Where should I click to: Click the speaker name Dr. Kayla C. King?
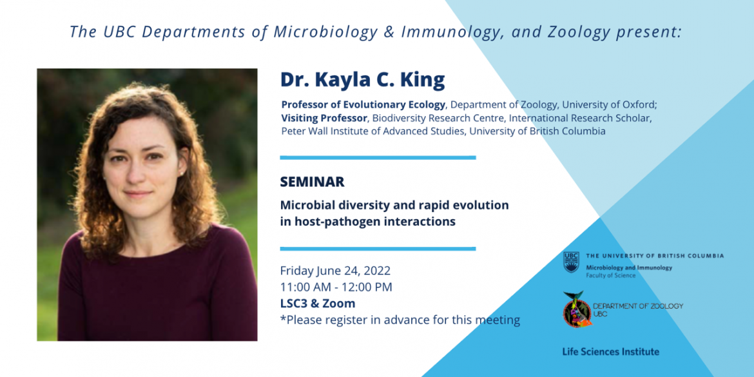click(x=363, y=81)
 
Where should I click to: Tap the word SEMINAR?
click(x=312, y=182)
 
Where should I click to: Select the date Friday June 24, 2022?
click(x=335, y=271)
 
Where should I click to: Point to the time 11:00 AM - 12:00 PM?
click(x=336, y=287)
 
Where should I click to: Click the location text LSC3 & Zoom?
click(x=318, y=304)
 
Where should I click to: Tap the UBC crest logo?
click(x=571, y=262)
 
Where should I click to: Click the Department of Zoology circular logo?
click(x=576, y=310)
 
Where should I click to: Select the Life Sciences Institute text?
click(x=611, y=351)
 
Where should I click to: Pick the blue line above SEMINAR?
click(x=378, y=157)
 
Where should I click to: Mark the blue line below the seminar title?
click(x=378, y=249)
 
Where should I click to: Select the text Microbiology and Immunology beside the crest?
click(x=629, y=267)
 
